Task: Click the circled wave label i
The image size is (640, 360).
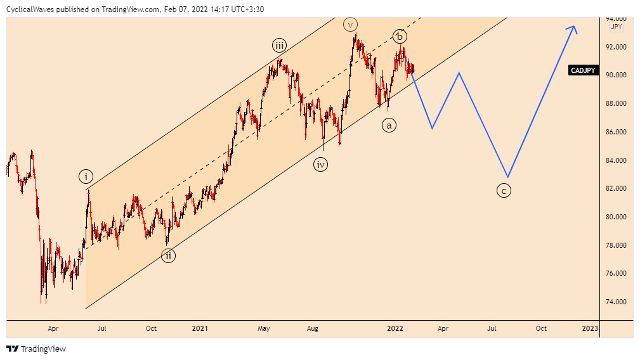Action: click(86, 176)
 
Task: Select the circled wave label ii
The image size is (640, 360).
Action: click(167, 256)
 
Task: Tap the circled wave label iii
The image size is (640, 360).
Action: click(280, 45)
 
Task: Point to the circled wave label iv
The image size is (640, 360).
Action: click(321, 165)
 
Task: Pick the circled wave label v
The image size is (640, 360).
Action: click(350, 25)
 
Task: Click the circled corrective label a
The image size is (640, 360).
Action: click(389, 125)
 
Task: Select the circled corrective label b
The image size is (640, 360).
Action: click(399, 36)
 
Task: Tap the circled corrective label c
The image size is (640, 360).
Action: click(504, 190)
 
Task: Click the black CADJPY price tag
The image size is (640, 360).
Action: click(582, 70)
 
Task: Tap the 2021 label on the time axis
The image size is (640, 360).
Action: click(200, 328)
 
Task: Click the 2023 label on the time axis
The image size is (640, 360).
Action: click(590, 328)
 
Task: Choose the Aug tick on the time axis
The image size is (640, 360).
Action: click(312, 328)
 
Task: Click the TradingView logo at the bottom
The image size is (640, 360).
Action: click(36, 349)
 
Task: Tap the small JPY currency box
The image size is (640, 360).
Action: click(616, 27)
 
